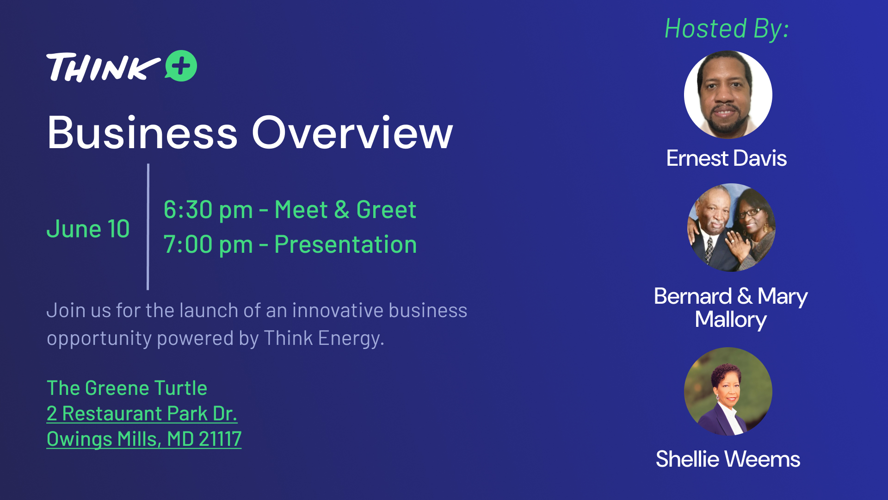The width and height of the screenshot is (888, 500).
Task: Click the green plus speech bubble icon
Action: pyautogui.click(x=181, y=66)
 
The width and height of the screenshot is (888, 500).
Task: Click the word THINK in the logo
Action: pyautogui.click(x=104, y=68)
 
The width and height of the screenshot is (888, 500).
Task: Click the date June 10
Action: pyautogui.click(x=88, y=229)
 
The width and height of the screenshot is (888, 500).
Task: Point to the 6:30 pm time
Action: pyautogui.click(x=208, y=210)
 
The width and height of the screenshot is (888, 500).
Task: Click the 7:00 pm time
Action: pyautogui.click(x=208, y=244)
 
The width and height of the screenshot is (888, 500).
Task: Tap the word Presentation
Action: pyautogui.click(x=345, y=244)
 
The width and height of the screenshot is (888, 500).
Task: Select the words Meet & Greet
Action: pyautogui.click(x=345, y=210)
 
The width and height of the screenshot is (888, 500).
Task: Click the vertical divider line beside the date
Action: pyautogui.click(x=148, y=227)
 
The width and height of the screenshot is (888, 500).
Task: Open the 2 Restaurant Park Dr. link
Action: pyautogui.click(x=142, y=413)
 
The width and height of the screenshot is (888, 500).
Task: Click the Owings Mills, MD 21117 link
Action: pyautogui.click(x=144, y=439)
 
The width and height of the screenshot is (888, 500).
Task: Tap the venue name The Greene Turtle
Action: pyautogui.click(x=127, y=388)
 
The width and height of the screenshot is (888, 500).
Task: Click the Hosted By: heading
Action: pyautogui.click(x=727, y=29)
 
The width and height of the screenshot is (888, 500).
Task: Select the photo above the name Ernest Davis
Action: pyautogui.click(x=728, y=94)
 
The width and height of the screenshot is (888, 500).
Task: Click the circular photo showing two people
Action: pyautogui.click(x=731, y=227)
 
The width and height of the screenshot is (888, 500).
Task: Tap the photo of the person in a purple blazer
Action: pyautogui.click(x=728, y=391)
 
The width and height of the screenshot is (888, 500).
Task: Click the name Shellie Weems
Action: pyautogui.click(x=728, y=459)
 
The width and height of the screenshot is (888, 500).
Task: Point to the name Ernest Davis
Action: pyautogui.click(x=727, y=158)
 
